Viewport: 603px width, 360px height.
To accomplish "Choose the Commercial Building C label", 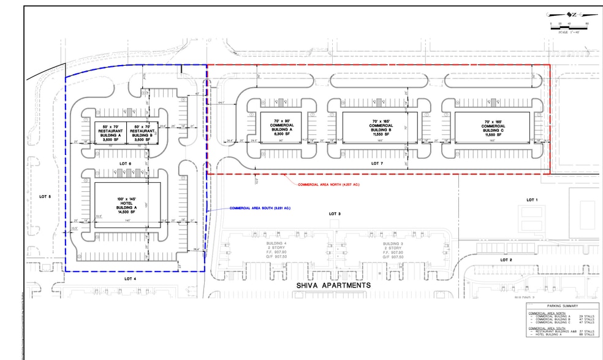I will pyautogui.click(x=493, y=126).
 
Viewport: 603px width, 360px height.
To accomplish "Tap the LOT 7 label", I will pyautogui.click(x=377, y=164).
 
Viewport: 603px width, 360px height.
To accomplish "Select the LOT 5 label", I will pyautogui.click(x=45, y=197).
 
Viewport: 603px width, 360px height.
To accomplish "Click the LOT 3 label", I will pyautogui.click(x=334, y=213).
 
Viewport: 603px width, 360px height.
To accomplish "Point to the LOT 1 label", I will pyautogui.click(x=531, y=200).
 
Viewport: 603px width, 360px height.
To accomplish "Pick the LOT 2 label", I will pyautogui.click(x=506, y=260).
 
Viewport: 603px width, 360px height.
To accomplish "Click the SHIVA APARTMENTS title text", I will pyautogui.click(x=334, y=286).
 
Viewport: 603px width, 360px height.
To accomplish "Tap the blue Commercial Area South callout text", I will pyautogui.click(x=260, y=209).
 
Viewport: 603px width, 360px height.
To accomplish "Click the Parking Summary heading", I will pyautogui.click(x=563, y=307).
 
